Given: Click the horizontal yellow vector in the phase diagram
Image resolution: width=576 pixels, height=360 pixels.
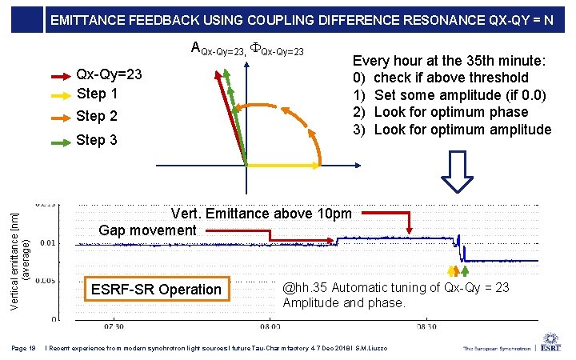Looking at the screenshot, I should point(275,165).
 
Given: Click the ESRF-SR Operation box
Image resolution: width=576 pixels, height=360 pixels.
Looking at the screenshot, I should point(157,290).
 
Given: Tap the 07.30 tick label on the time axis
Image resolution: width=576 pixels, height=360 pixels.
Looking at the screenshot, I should point(114,327).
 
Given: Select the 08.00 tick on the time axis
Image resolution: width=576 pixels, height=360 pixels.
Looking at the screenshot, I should point(270,327).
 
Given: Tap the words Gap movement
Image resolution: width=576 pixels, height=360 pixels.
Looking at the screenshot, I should point(147,230).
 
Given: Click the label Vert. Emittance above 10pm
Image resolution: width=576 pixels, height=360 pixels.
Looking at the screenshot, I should point(261,214).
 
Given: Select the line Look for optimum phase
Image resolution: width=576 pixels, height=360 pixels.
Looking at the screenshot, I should point(451,112).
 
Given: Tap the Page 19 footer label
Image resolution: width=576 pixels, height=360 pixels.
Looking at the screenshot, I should point(23,348).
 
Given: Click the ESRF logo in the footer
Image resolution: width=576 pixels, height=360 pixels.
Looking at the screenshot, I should point(550,346).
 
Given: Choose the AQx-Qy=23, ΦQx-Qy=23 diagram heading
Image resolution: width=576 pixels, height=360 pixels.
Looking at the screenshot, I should point(248,50).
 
